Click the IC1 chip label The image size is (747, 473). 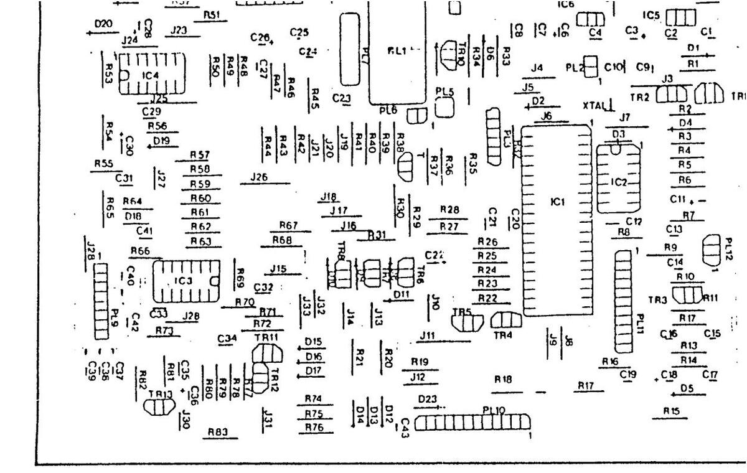tap(557, 202)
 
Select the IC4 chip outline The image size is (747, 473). tap(152, 75)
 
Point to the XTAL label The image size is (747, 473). tap(594, 105)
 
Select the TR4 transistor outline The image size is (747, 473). tap(506, 320)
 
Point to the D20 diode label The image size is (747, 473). tap(103, 24)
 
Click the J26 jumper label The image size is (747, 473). tap(258, 177)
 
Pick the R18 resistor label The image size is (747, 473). tap(503, 379)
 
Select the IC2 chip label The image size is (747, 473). tap(619, 182)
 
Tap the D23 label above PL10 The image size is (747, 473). tap(428, 399)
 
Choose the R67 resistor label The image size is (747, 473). tap(288, 225)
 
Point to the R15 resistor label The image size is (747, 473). tap(670, 411)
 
